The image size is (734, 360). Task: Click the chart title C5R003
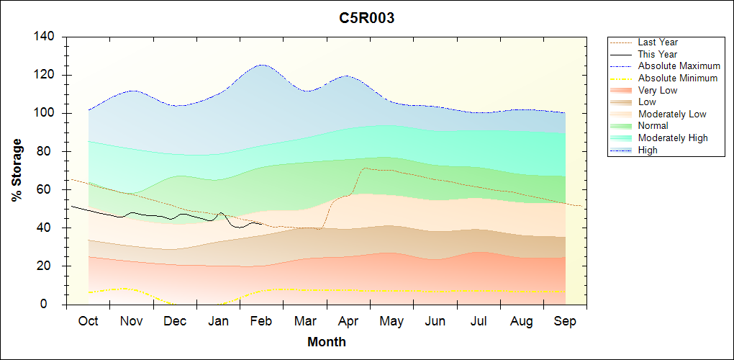tap(367, 19)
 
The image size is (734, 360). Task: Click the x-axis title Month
tap(327, 342)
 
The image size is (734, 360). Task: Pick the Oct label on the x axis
tap(89, 321)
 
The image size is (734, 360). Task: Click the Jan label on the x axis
tap(219, 321)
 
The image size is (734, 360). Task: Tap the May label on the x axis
tap(391, 321)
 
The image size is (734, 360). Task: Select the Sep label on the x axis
tap(565, 321)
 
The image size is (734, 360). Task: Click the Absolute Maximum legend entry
tap(679, 66)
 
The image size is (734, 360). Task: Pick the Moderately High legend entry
tap(673, 138)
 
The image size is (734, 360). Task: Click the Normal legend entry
tap(653, 126)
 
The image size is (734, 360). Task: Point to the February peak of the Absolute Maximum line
tap(261, 65)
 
